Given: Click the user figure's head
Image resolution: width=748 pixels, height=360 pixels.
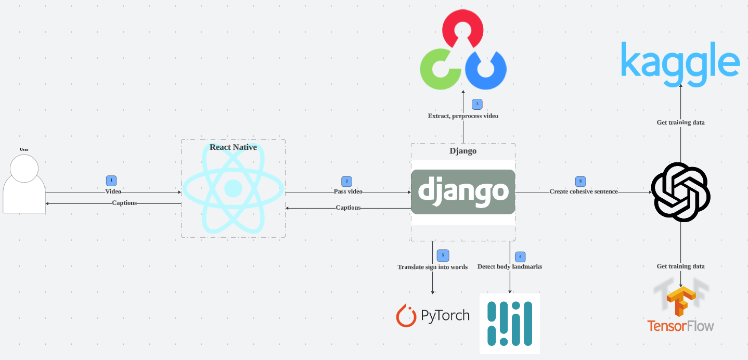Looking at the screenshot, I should coord(24,169).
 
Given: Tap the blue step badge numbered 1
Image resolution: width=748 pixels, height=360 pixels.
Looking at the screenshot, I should coord(111,181).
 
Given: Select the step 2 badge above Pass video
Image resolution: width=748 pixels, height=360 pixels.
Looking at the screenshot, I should coord(346,181).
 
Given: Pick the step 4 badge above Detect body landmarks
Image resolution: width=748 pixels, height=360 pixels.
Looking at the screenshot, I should coord(520,256).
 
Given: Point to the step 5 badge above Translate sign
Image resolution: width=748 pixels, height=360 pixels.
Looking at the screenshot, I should coord(443,255).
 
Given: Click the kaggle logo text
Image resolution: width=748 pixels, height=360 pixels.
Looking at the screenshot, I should coord(680,63).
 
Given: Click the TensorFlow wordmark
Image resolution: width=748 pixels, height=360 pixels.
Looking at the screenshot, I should coord(680,326).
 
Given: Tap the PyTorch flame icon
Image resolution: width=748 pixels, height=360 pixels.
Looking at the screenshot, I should coord(406,316).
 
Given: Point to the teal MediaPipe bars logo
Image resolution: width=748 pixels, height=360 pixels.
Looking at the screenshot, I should coord(510,323).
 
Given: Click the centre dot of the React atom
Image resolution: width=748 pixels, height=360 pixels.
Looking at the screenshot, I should coord(233,188).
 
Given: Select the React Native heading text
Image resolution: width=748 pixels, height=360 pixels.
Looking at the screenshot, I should coord(233,147).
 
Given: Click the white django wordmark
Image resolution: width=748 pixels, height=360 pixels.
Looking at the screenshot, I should coord(463,190).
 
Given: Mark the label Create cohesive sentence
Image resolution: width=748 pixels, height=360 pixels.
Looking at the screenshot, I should coord(584,191).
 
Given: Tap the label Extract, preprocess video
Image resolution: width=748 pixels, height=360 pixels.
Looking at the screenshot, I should coord(463,116).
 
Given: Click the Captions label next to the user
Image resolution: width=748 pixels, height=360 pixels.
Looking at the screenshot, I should coord(124,203).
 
